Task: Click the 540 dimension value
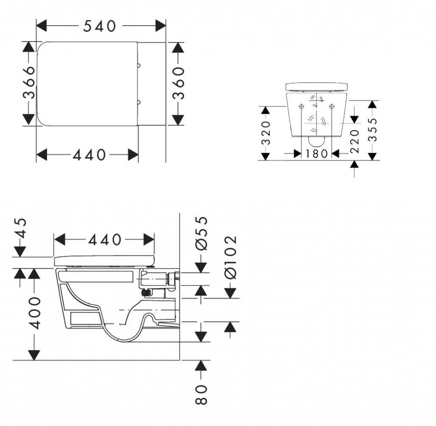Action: click(x=99, y=26)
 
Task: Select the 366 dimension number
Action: click(x=29, y=82)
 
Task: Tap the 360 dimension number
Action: click(x=178, y=83)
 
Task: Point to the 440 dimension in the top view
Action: click(x=89, y=155)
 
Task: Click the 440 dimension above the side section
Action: click(x=105, y=240)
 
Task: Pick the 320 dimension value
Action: click(x=266, y=133)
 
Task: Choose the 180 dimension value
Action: click(x=317, y=154)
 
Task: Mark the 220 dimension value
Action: click(x=355, y=142)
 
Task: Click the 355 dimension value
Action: click(x=372, y=130)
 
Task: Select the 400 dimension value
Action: click(x=35, y=313)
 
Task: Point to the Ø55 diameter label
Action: click(x=201, y=233)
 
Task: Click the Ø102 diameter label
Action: click(x=230, y=257)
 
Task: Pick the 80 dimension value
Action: click(x=201, y=394)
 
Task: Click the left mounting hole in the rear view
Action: click(x=301, y=106)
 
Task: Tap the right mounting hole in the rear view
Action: click(x=331, y=106)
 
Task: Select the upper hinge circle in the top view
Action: click(x=139, y=66)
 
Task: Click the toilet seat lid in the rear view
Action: click(x=317, y=87)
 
